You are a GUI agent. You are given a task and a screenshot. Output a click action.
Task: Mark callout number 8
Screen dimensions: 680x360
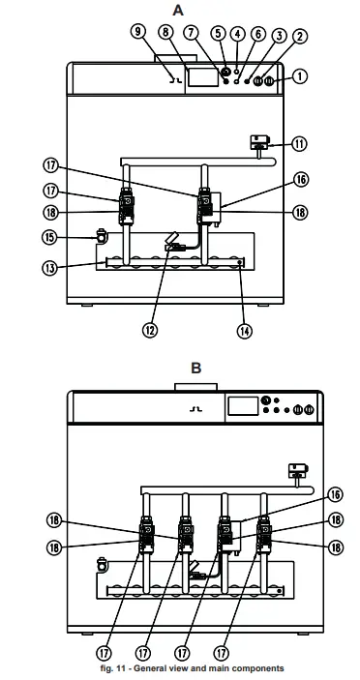[x=165, y=32]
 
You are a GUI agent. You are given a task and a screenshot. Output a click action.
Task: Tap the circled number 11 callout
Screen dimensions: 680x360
[x=300, y=144]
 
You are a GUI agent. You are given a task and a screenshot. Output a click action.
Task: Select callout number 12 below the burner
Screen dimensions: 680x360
[x=150, y=329]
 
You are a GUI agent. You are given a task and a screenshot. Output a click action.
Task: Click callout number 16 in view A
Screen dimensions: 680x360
[x=301, y=179]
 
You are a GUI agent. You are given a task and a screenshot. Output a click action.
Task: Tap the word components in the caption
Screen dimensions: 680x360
[x=257, y=668]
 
